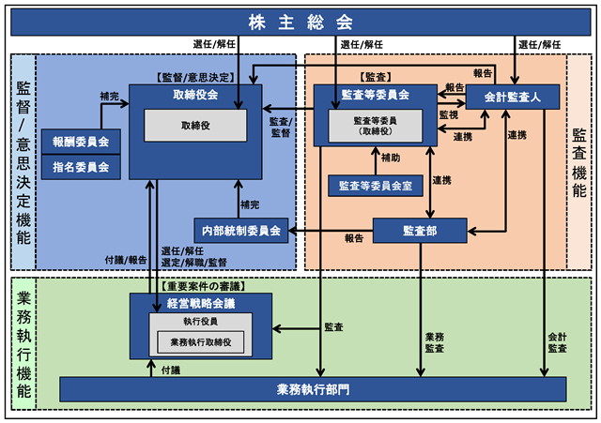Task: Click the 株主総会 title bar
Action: tap(300, 23)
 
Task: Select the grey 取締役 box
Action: tap(195, 126)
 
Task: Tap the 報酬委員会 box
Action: tap(81, 142)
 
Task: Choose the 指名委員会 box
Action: tap(81, 167)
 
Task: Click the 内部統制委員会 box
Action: tap(241, 231)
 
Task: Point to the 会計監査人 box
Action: tap(513, 97)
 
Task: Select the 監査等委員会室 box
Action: tap(376, 186)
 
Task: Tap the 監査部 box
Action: tap(420, 231)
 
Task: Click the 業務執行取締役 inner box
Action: tap(201, 342)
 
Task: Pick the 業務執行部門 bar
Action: tap(313, 389)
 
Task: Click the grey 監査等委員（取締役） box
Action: tap(376, 126)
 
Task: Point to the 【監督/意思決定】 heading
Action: tap(195, 78)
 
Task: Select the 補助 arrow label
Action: tap(391, 158)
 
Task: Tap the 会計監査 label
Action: tap(557, 342)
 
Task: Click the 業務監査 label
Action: tap(435, 342)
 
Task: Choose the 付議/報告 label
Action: tap(126, 261)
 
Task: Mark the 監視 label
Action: tap(449, 114)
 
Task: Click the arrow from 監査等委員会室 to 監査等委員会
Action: tap(376, 160)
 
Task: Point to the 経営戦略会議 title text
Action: tap(201, 304)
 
